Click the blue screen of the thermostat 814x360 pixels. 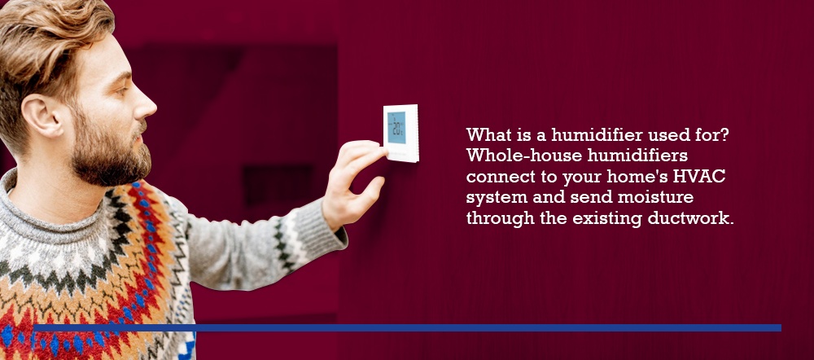pos(396,127)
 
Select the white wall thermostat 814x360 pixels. pos(400,133)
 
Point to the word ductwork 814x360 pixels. pos(690,218)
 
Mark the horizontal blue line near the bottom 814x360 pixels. pos(408,327)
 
